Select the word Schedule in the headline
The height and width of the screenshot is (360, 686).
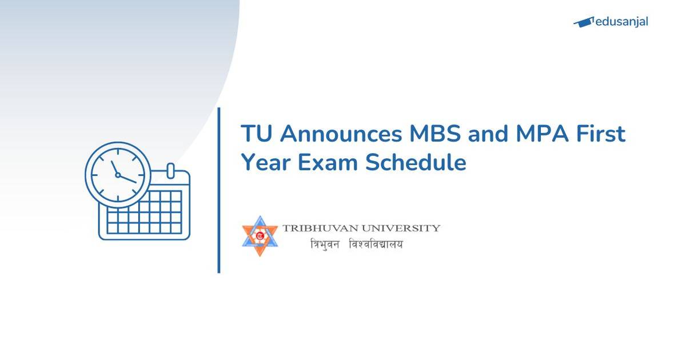click(416, 163)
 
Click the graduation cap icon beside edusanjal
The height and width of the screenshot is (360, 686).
click(584, 22)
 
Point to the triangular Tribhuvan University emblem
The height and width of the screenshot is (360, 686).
click(260, 235)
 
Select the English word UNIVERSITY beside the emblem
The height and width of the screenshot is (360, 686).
click(404, 229)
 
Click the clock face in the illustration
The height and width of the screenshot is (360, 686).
click(118, 174)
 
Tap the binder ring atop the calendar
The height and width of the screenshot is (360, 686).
click(170, 171)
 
